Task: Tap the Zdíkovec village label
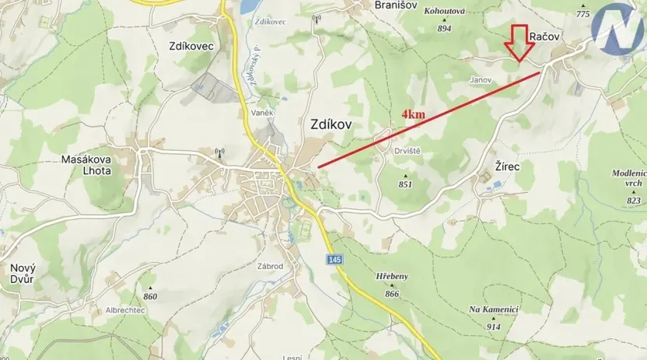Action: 191,46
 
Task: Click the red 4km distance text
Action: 413,114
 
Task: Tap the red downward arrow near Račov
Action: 519,43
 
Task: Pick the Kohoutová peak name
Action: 444,12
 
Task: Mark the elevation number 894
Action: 444,29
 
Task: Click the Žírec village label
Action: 507,166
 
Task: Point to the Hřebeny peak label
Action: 391,276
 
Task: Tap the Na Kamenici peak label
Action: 493,309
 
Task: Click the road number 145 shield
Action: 334,259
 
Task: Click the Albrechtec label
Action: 126,309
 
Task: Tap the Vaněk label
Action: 262,114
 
